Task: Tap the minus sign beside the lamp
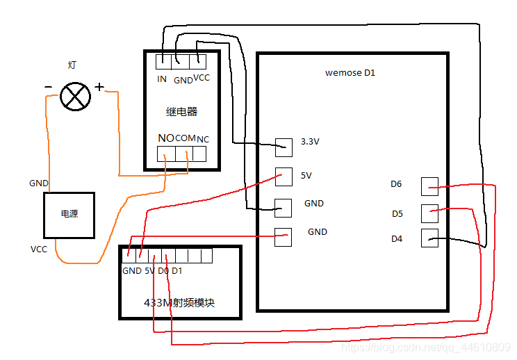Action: (x=47, y=87)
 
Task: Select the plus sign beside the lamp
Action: (x=99, y=87)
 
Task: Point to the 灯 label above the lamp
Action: (x=72, y=65)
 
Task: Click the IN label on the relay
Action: (x=162, y=79)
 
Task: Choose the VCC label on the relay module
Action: (x=202, y=78)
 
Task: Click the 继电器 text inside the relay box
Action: (x=182, y=111)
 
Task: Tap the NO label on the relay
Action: (x=165, y=138)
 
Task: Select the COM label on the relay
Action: (x=186, y=138)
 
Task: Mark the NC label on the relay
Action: (x=202, y=139)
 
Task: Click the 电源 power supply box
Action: (x=69, y=214)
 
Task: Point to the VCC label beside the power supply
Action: (x=39, y=249)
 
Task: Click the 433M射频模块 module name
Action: (x=179, y=303)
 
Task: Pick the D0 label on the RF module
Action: (x=163, y=270)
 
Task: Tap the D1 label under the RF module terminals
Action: (x=177, y=270)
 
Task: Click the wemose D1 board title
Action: (x=350, y=72)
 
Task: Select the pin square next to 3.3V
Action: (x=284, y=147)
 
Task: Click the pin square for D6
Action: (x=430, y=186)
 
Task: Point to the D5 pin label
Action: (x=397, y=213)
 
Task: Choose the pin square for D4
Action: (x=430, y=238)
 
